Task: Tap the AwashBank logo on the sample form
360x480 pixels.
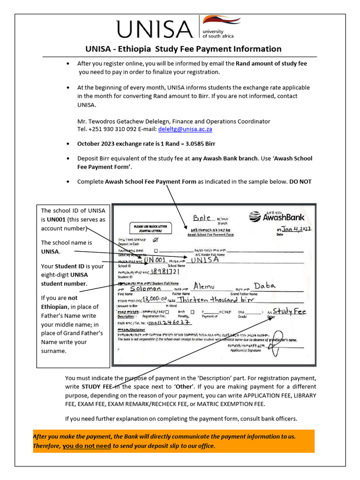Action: click(x=277, y=217)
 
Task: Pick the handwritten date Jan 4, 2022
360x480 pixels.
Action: click(x=295, y=229)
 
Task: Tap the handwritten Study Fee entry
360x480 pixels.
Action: click(x=289, y=311)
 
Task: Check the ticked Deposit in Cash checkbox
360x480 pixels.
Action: click(x=156, y=240)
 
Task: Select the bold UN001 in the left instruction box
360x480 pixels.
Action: click(x=56, y=219)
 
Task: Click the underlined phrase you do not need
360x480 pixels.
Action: click(x=87, y=446)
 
